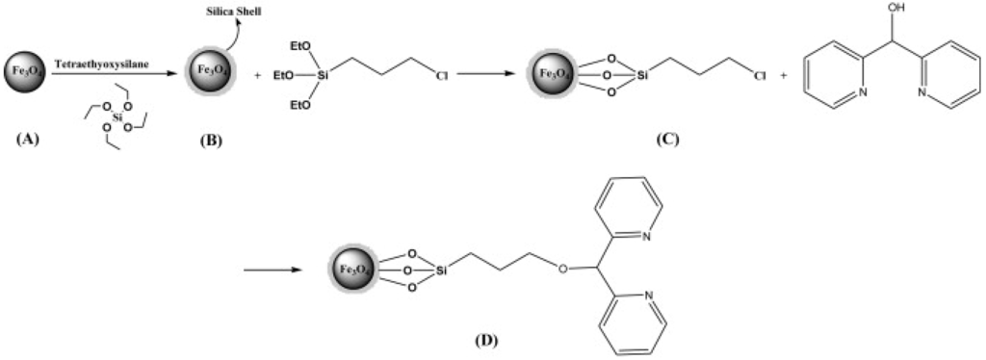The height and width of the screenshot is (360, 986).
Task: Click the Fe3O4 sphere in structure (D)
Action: click(x=352, y=270)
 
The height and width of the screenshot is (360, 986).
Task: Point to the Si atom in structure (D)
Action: click(x=440, y=271)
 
